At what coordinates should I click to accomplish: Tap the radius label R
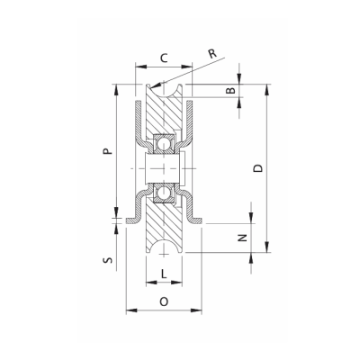[211, 56]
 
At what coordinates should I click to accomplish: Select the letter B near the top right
[230, 92]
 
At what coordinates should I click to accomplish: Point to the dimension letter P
[107, 153]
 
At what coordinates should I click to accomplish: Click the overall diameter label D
[260, 170]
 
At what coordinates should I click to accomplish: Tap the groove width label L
[163, 272]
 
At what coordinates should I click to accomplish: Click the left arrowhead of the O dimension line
[129, 310]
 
